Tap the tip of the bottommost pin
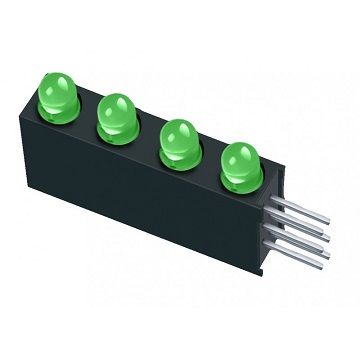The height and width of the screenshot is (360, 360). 326,262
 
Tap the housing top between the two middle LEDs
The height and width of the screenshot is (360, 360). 150,145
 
